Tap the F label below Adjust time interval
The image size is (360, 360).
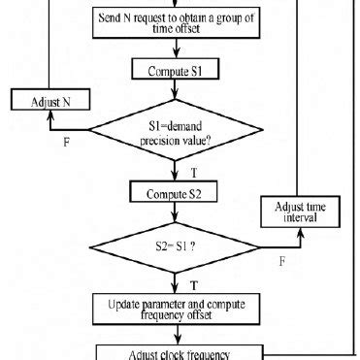tap(281, 260)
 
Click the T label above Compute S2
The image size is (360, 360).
tap(184, 169)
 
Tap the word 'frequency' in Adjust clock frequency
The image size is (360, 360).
tap(219, 351)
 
